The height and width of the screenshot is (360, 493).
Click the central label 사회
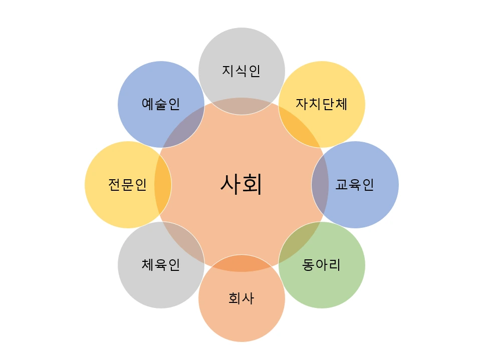241,184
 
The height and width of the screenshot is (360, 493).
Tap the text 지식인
241,71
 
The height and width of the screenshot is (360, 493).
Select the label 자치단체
322,104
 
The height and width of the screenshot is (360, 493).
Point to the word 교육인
355,185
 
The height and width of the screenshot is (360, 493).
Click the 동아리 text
322,265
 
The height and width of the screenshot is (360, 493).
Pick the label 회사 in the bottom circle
241,299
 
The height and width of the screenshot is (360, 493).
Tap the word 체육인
161,265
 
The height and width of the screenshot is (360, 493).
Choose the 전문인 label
128,185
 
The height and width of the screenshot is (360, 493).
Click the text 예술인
161,104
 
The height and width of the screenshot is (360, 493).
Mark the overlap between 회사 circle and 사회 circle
241,263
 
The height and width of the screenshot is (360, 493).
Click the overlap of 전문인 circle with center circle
162,185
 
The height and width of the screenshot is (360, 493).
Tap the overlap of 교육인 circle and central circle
320,185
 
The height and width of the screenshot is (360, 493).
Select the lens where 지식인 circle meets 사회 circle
241,106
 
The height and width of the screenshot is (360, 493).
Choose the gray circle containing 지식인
241,50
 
